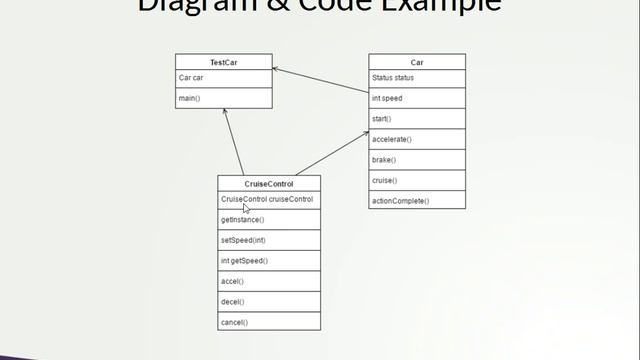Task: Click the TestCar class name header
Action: coord(223,62)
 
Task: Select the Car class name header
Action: coord(417,62)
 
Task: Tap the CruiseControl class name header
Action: coord(269,184)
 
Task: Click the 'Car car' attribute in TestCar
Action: coord(191,78)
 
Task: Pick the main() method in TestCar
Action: coord(189,98)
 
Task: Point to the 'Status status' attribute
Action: coord(392,78)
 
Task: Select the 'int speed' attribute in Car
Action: coord(387,98)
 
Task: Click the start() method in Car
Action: coord(381,119)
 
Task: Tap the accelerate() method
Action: coord(392,139)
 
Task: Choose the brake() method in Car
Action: coord(384,160)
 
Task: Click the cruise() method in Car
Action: coord(384,180)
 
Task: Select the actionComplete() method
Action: coord(400,201)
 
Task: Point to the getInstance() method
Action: coord(243,219)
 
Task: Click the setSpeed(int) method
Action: coord(243,240)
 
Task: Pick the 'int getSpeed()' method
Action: coord(244,260)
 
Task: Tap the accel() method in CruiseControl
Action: coord(232,281)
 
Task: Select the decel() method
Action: coord(233,301)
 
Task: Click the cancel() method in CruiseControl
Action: coord(234,322)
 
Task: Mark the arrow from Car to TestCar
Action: coord(320,80)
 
